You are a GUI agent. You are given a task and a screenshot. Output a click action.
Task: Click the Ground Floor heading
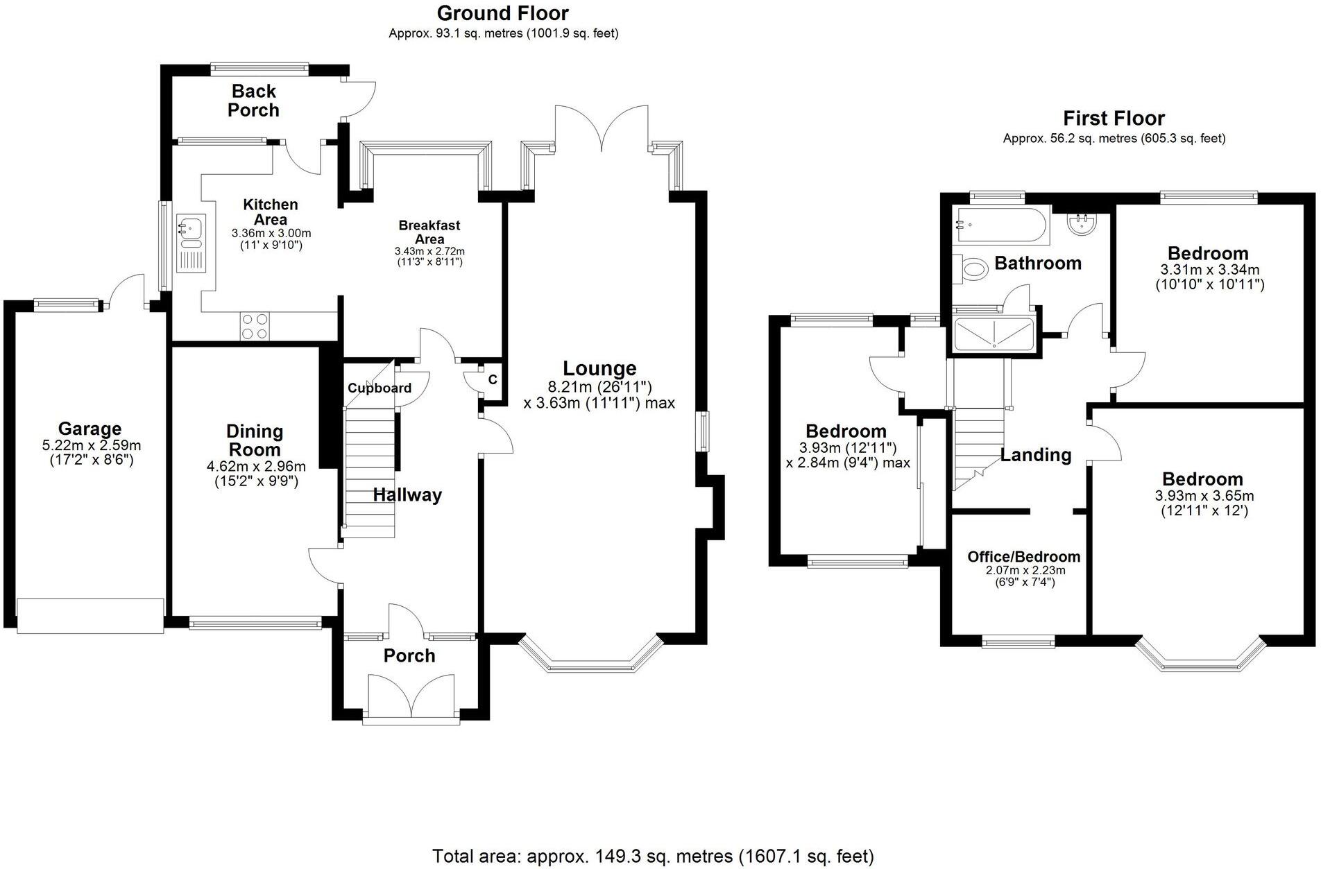pyautogui.click(x=502, y=13)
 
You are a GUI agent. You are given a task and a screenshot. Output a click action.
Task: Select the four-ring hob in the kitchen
pyautogui.click(x=254, y=326)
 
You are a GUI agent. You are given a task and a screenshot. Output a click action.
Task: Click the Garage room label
pyautogui.click(x=89, y=429)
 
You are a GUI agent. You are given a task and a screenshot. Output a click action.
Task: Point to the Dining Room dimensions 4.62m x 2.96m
pyautogui.click(x=256, y=466)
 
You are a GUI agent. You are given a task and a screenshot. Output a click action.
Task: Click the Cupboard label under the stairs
pyautogui.click(x=379, y=388)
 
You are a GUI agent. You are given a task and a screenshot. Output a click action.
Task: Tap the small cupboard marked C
pyautogui.click(x=491, y=380)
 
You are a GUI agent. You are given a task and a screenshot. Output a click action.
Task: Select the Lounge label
pyautogui.click(x=599, y=368)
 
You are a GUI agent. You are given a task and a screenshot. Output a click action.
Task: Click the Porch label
pyautogui.click(x=409, y=655)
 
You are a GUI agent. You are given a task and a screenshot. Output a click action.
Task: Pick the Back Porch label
pyautogui.click(x=254, y=101)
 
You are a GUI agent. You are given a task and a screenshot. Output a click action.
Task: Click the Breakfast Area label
pyautogui.click(x=429, y=232)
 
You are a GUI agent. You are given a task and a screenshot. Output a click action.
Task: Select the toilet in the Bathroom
pyautogui.click(x=972, y=269)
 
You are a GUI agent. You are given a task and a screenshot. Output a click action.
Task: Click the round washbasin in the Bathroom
pyautogui.click(x=1080, y=223)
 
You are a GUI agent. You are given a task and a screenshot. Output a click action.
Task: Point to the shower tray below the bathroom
pyautogui.click(x=994, y=334)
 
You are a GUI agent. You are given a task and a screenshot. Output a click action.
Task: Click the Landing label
pyautogui.click(x=1035, y=455)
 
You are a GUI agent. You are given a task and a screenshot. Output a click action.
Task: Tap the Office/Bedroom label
pyautogui.click(x=1023, y=556)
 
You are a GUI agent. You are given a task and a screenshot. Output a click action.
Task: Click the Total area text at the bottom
pyautogui.click(x=653, y=856)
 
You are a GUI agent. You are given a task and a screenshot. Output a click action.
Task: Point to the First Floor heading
pyautogui.click(x=1114, y=118)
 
